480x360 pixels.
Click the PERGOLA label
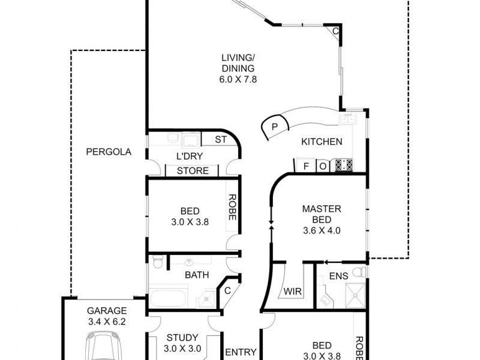[108, 152]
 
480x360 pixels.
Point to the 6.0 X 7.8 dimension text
[238, 79]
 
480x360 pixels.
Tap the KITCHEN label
[322, 142]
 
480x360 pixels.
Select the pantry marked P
[274, 127]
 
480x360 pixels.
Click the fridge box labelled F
[306, 166]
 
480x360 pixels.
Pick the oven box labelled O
[323, 166]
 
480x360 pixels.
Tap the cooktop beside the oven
[344, 165]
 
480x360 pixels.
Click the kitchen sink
[348, 119]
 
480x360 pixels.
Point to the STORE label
[193, 171]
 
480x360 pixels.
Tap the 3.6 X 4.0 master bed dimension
[322, 230]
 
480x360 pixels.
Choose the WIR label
[292, 292]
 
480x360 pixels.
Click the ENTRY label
[241, 352]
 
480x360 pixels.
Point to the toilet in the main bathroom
[157, 263]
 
